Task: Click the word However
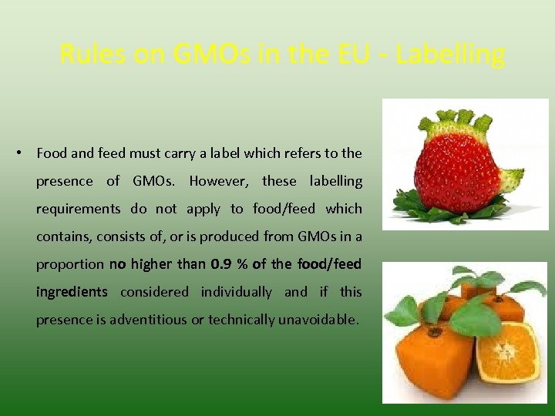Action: coord(220,181)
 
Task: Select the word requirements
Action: coord(78,209)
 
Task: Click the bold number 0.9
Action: coord(221,264)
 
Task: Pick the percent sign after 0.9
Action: coord(242,264)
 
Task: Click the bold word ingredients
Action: coord(72,292)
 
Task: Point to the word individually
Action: coord(236,292)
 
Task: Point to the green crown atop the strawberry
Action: coord(455,123)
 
